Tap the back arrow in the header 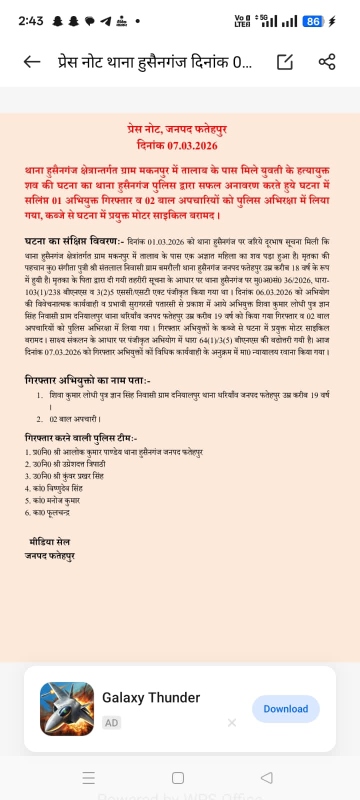coord(32,62)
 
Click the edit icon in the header coord(284,62)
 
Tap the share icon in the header coord(327,62)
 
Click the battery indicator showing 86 coord(313,21)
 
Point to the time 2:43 coord(30,21)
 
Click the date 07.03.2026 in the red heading coord(192,145)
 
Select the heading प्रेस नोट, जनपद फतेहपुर coord(177,129)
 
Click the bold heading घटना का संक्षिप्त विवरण coord(73,241)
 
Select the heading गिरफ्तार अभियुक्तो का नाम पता coord(87,380)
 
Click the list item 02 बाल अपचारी coord(75,419)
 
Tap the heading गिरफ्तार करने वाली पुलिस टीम coord(81,438)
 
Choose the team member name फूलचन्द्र coord(58,512)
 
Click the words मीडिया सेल coord(49,541)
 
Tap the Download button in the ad coord(285,708)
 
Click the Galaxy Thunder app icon coord(67,708)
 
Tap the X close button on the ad coord(231,722)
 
